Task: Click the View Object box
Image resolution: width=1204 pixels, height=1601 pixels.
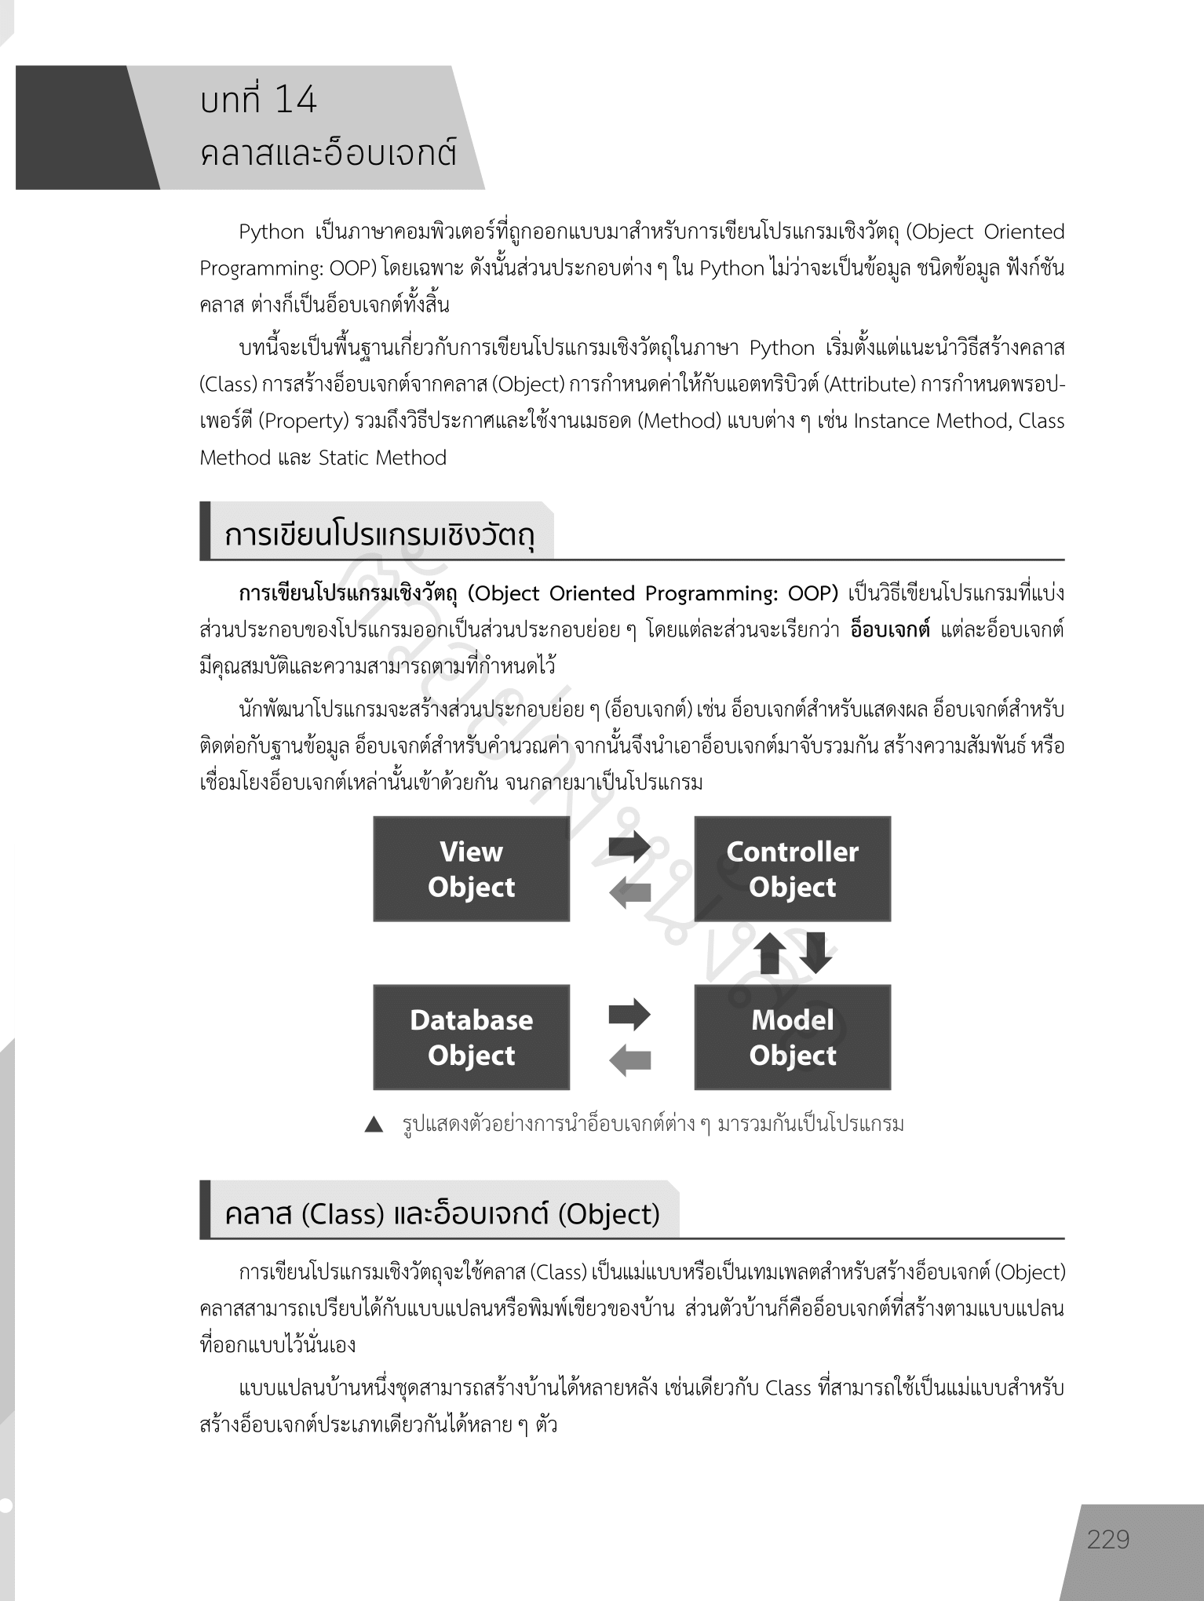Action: (471, 869)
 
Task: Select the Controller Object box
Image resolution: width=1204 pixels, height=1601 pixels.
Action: (792, 869)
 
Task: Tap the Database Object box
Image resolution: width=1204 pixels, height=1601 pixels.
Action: (471, 1037)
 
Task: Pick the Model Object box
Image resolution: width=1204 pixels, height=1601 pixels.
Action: (792, 1037)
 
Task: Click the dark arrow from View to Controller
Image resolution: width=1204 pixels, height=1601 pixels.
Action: (629, 846)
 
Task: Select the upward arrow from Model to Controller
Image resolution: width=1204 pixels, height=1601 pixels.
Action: (770, 953)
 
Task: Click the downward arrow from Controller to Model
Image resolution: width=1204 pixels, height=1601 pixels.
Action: (815, 953)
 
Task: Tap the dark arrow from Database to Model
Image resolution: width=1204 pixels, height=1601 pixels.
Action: (629, 1014)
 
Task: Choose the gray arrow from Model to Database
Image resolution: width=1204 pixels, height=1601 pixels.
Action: (630, 1060)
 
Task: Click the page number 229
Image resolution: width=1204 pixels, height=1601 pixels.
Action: (1108, 1539)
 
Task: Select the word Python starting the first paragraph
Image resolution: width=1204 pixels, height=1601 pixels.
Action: (272, 232)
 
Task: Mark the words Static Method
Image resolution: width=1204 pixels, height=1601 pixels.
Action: (382, 458)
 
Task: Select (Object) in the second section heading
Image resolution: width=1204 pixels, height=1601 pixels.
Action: (609, 1214)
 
